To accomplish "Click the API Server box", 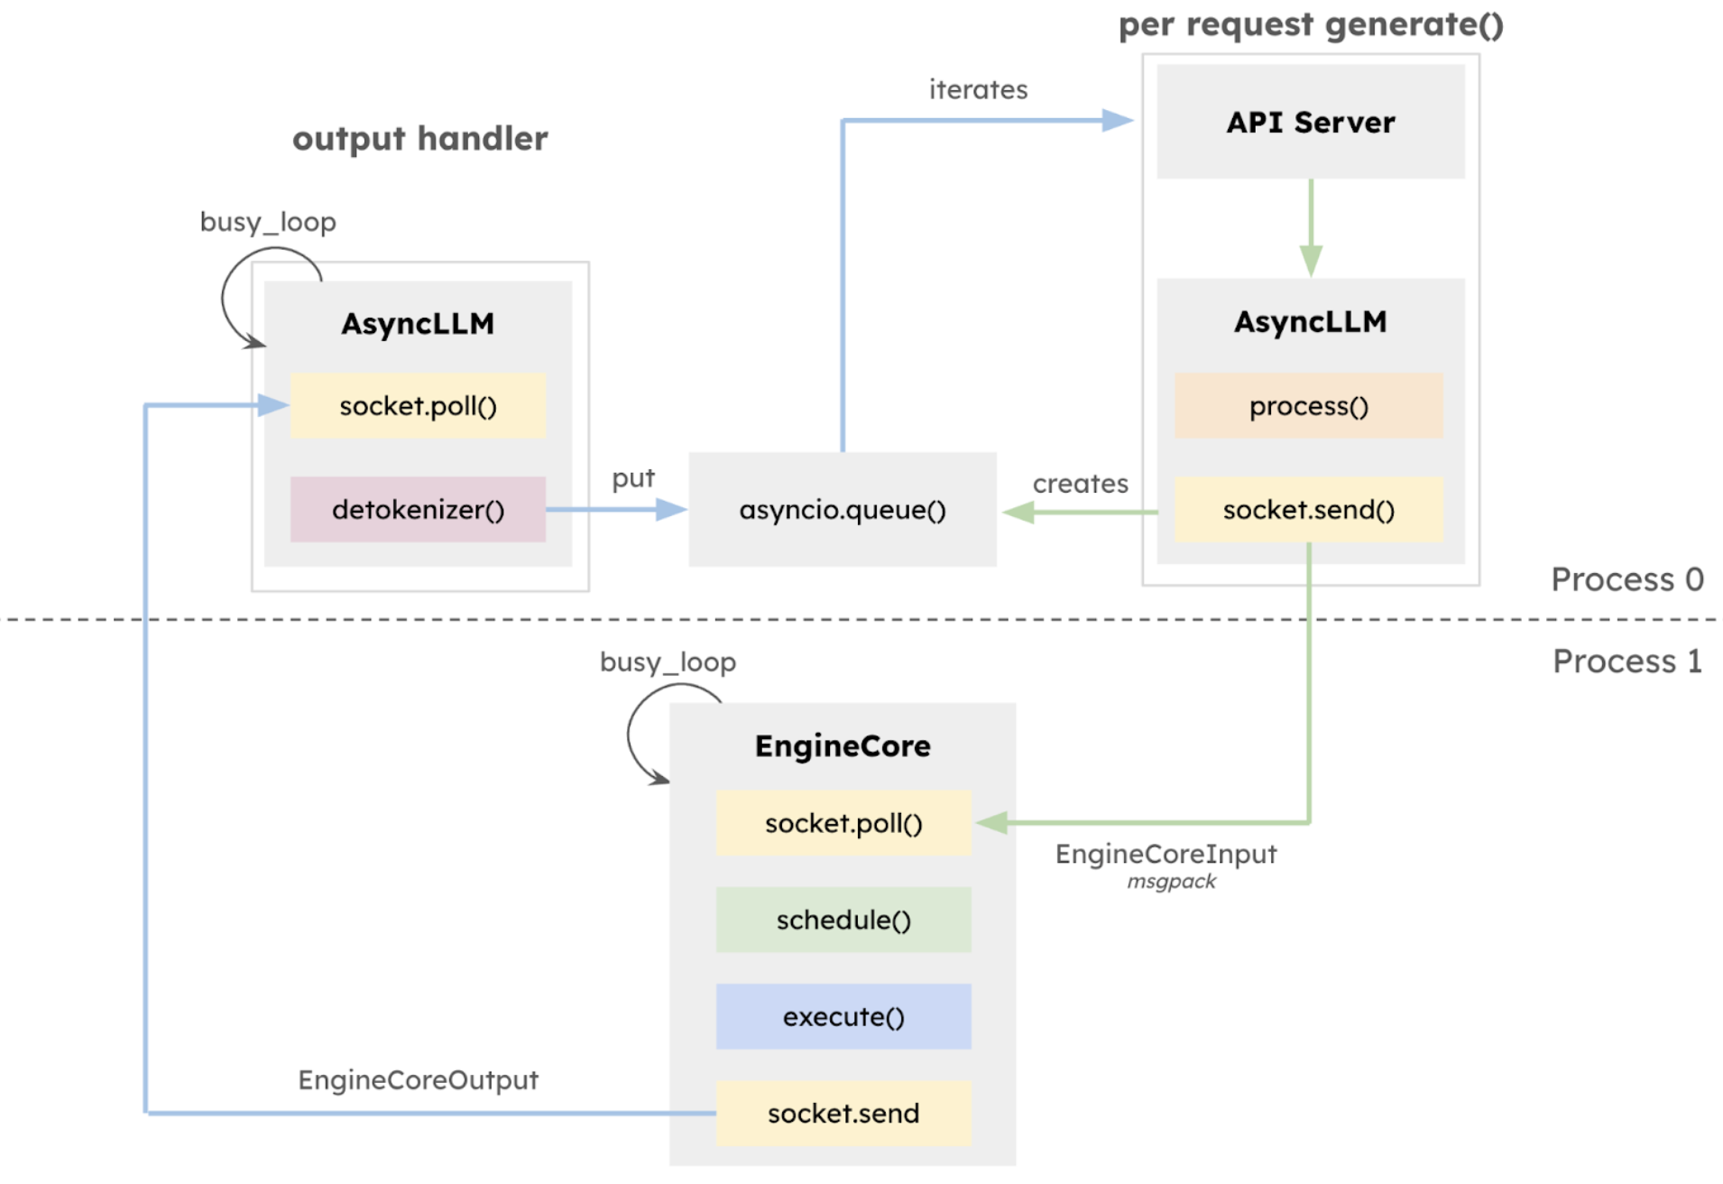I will pyautogui.click(x=1310, y=122).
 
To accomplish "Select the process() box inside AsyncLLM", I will pyautogui.click(x=1308, y=406).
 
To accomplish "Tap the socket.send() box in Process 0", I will pyautogui.click(x=1308, y=510).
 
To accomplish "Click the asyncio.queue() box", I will pyautogui.click(x=842, y=510).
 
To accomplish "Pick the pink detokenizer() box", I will pyautogui.click(x=418, y=510).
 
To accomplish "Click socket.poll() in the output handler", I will pyautogui.click(x=418, y=406).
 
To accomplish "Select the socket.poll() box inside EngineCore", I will pyautogui.click(x=843, y=823).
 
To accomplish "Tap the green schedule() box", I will pyautogui.click(x=843, y=920).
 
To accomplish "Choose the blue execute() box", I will pyautogui.click(x=843, y=1016).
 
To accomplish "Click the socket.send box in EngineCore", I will pyautogui.click(x=843, y=1113).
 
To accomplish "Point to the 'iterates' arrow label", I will pyautogui.click(x=978, y=89).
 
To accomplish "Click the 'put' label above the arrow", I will pyautogui.click(x=633, y=478).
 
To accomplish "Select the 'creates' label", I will pyautogui.click(x=1080, y=484).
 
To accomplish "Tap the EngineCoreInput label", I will pyautogui.click(x=1166, y=854).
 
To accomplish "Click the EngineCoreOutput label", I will pyautogui.click(x=418, y=1079).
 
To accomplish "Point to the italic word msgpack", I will pyautogui.click(x=1171, y=882).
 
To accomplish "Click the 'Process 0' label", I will pyautogui.click(x=1626, y=579).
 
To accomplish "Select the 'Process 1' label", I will pyautogui.click(x=1626, y=661).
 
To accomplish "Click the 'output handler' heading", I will pyautogui.click(x=419, y=139).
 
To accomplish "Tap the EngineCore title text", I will pyautogui.click(x=843, y=746).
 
